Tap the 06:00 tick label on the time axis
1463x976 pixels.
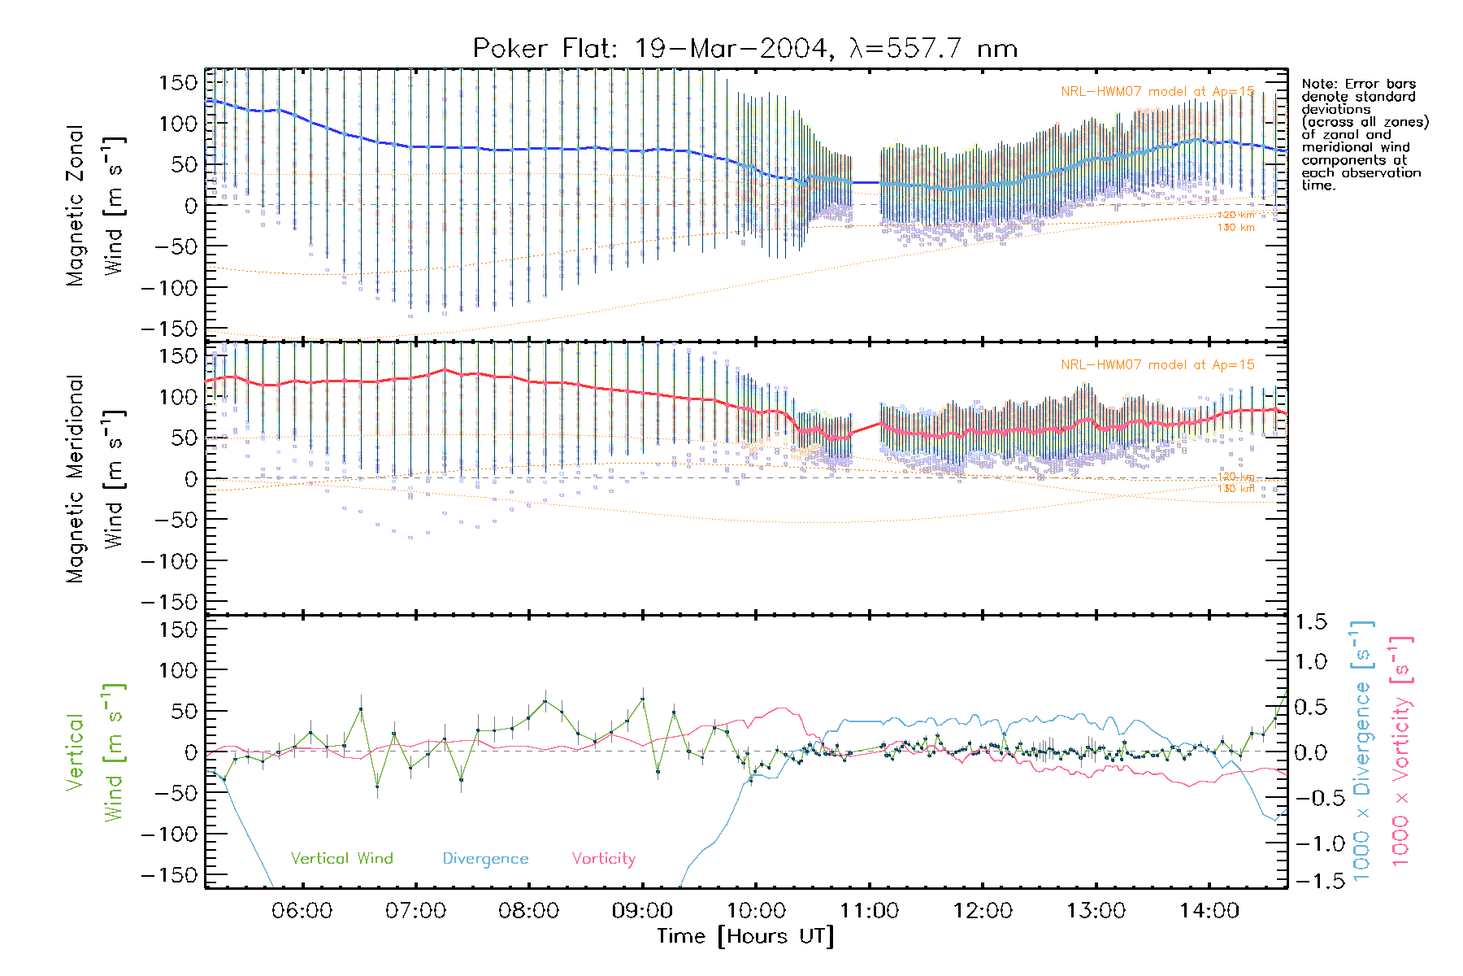click(x=302, y=911)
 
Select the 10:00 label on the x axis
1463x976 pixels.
click(x=756, y=911)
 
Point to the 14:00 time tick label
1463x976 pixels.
click(x=1209, y=911)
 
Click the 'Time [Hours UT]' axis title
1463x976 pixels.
click(x=745, y=936)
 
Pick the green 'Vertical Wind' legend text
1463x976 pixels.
click(x=341, y=858)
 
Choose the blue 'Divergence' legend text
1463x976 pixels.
click(x=485, y=859)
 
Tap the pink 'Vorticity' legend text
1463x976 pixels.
click(x=603, y=858)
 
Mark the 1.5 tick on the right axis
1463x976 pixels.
click(x=1310, y=622)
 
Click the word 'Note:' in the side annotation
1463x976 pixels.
click(x=1318, y=84)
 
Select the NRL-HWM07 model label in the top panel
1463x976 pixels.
click(x=1157, y=92)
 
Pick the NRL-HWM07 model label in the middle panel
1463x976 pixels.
click(x=1157, y=365)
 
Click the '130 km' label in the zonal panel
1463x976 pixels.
click(x=1235, y=228)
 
